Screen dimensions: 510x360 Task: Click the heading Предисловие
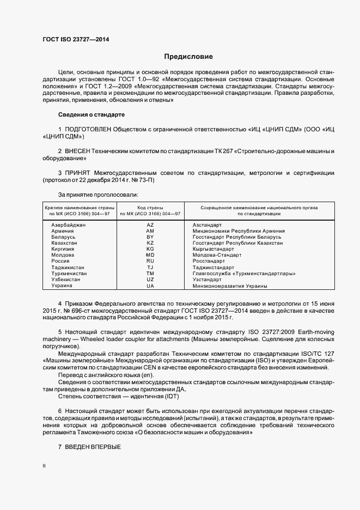(x=188, y=56)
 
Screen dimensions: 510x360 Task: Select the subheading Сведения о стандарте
(x=91, y=115)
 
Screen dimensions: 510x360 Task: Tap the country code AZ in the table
(x=150, y=224)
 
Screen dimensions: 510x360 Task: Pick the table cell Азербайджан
(x=68, y=224)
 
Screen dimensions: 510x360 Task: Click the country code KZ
(x=150, y=242)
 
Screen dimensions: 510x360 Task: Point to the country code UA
(x=150, y=286)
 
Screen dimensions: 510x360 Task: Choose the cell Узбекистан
(x=65, y=280)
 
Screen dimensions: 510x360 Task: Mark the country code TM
(x=150, y=274)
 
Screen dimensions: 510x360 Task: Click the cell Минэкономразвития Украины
(x=230, y=286)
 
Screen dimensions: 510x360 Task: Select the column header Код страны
(x=150, y=208)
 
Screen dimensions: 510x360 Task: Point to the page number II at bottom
(x=44, y=466)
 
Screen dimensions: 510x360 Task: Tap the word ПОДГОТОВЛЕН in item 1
(x=88, y=130)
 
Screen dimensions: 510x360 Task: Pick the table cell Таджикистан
(x=68, y=268)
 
